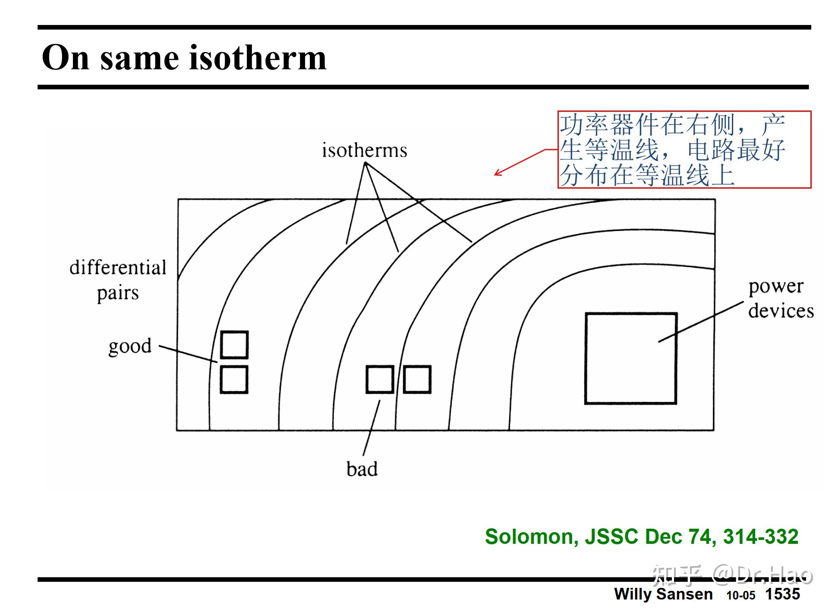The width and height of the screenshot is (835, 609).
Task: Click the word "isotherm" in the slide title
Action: point(257,58)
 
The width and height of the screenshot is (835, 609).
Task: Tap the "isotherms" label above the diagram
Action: point(364,150)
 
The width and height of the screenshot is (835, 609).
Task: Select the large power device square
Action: point(630,358)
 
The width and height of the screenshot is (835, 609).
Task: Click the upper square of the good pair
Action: point(234,345)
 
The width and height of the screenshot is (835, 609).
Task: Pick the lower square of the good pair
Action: point(234,379)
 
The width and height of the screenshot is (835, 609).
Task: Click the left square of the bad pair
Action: point(380,379)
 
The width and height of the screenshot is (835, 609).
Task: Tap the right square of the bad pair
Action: point(417,379)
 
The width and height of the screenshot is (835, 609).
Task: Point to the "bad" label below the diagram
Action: point(362,469)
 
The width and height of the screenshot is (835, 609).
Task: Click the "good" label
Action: point(130,346)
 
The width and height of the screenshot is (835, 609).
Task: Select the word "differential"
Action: point(118,268)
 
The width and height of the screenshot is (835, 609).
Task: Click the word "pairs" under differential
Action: point(118,293)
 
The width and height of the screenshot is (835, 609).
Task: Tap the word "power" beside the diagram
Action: point(775,287)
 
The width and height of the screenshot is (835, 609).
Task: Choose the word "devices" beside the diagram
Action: point(781,311)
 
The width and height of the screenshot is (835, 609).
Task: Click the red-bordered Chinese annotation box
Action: point(684,149)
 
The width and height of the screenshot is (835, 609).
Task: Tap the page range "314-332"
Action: point(760,536)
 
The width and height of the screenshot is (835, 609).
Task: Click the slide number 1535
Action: point(782,594)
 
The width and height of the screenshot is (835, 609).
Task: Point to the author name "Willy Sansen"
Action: point(663,594)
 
